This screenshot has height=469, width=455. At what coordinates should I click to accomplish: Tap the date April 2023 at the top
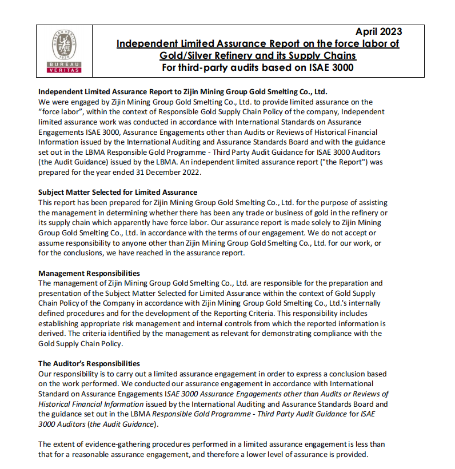(x=378, y=31)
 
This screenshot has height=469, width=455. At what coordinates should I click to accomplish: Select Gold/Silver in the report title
(x=185, y=55)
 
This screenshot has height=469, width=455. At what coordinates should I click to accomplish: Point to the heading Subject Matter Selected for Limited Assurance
(x=118, y=192)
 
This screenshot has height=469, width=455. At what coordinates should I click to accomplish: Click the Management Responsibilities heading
(x=89, y=274)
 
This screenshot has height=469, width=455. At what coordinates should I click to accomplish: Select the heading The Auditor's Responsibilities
(x=89, y=363)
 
